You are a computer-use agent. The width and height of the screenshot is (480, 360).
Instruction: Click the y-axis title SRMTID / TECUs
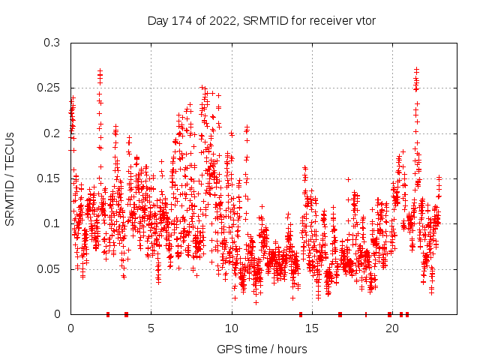point(10,178)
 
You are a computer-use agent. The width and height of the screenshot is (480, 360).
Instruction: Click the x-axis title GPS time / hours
point(262,349)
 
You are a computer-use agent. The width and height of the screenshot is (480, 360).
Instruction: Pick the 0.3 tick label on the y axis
point(52,43)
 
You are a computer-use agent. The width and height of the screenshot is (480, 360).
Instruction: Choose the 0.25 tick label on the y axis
point(49,88)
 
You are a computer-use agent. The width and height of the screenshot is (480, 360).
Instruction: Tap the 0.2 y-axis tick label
point(52,133)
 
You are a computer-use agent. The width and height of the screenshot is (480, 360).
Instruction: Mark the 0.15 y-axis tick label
point(49,178)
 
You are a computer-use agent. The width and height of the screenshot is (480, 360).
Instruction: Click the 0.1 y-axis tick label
point(52,223)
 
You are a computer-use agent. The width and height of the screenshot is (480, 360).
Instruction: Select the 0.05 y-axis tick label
point(49,268)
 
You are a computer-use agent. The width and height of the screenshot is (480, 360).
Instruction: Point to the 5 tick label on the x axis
point(151,328)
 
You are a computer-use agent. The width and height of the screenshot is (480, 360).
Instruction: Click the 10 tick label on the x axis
point(231,328)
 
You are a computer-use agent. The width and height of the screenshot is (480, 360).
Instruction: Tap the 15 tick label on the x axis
point(311,328)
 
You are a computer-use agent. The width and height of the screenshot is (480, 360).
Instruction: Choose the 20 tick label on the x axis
point(391,328)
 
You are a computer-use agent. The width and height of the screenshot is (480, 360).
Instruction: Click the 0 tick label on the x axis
point(70,328)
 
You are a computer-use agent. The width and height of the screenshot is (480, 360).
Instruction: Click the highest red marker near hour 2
point(100,70)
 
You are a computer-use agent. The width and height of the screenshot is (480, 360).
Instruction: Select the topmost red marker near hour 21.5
point(416,69)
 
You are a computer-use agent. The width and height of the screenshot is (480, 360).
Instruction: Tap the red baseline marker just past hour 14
point(301,313)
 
